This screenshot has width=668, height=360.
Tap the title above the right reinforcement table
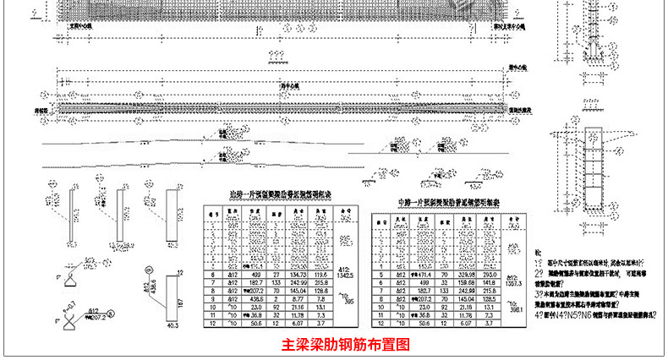441,204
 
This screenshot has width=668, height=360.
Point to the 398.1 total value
512,306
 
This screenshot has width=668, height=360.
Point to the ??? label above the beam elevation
274,57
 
